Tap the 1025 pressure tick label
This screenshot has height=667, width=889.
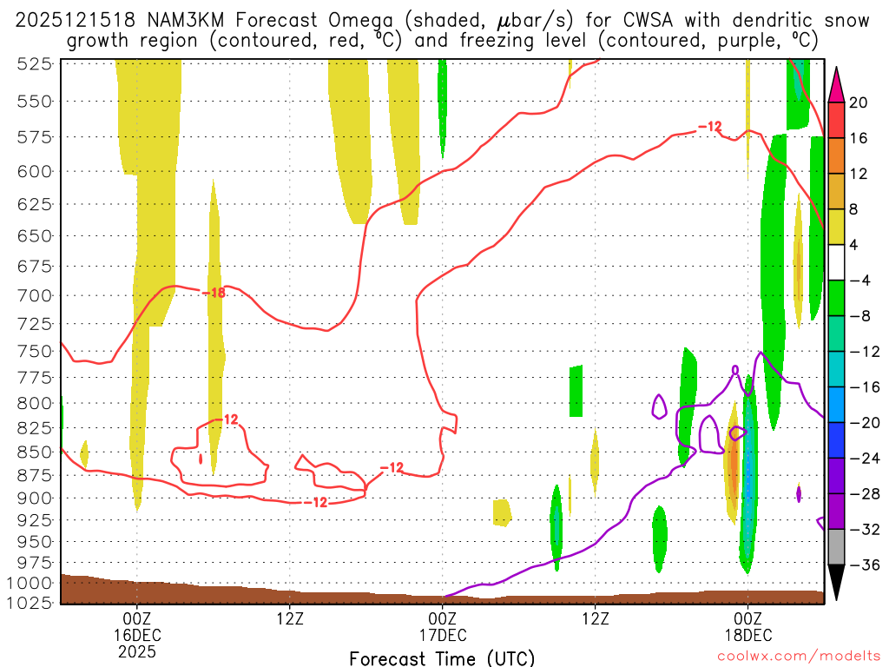(x=34, y=602)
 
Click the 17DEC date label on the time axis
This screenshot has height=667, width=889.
(x=442, y=634)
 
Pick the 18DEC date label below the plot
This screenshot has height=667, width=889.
(x=747, y=634)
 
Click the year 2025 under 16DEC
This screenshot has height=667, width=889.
(x=136, y=650)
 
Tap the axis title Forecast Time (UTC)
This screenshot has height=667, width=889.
(x=442, y=657)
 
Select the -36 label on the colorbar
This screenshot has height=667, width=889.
(x=862, y=565)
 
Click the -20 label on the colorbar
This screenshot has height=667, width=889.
(x=862, y=422)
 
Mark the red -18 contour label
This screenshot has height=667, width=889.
(x=214, y=293)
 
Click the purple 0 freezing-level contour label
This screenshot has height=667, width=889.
(x=735, y=370)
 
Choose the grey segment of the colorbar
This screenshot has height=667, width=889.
(x=837, y=546)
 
